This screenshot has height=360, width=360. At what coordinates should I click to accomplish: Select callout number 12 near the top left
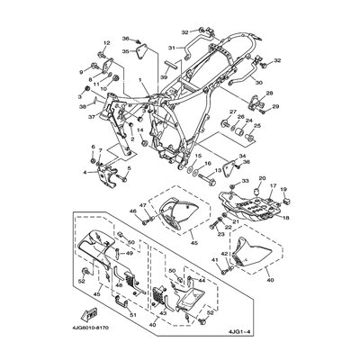pos(105,43)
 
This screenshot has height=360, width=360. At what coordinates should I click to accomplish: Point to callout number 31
pos(172,47)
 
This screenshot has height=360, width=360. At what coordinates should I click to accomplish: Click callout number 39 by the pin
pos(164,78)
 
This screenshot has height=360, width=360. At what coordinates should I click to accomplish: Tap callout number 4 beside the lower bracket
pos(86,171)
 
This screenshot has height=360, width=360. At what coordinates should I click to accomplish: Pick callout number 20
pos(264,192)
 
